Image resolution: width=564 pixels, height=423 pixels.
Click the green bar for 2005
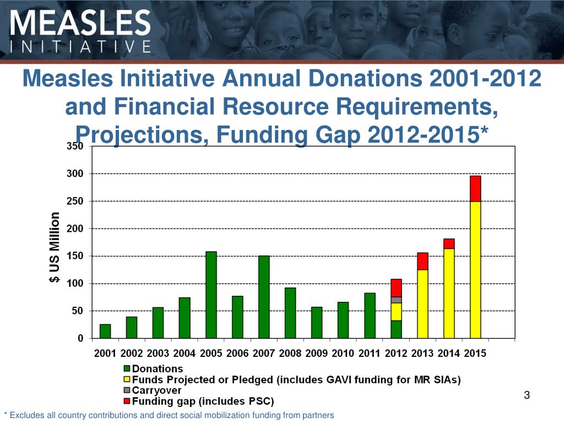pos(211,295)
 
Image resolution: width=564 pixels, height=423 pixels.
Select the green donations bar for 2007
pos(264,297)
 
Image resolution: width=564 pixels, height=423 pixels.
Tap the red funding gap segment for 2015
pos(475,188)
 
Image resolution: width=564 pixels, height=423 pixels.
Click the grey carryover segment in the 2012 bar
pos(396,300)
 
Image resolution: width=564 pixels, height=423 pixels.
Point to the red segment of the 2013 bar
pos(422,261)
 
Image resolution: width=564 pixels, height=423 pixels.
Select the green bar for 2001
pos(105,331)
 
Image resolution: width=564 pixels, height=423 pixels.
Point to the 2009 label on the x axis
pos(316,354)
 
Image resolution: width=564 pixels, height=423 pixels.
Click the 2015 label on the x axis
pos(475,354)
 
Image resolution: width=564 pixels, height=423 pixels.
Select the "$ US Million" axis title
pos(55,248)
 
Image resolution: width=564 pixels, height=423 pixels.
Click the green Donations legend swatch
pos(127,369)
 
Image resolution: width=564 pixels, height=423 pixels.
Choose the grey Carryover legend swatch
pos(127,390)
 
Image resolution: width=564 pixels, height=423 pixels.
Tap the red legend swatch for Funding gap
pos(127,400)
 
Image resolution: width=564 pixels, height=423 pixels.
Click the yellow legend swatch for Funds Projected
pos(127,379)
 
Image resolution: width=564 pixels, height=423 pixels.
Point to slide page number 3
pos(527,395)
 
